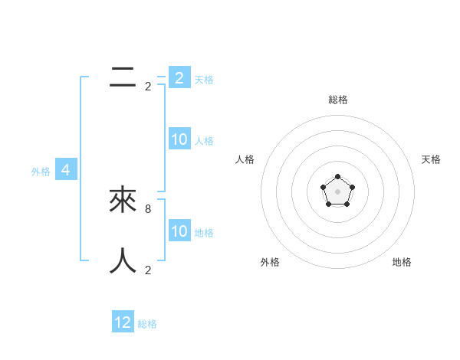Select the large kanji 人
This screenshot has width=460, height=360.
(x=123, y=260)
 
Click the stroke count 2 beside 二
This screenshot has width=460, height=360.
(x=148, y=87)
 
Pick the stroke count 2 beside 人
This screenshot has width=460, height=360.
(x=148, y=270)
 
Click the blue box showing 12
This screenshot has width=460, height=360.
(x=123, y=322)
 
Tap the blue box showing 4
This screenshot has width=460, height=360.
(x=66, y=170)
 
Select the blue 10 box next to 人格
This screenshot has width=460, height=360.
(x=179, y=139)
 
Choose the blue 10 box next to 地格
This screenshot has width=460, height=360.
(x=179, y=231)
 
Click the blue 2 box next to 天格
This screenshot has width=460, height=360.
(x=179, y=77)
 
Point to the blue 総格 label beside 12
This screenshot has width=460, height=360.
(x=147, y=324)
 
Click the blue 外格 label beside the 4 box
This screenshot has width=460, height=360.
(x=41, y=172)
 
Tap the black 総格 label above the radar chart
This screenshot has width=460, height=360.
(x=338, y=100)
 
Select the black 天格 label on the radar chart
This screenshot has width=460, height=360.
(x=432, y=159)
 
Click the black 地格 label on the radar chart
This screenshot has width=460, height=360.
(x=402, y=262)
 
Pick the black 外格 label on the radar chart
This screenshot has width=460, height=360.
(x=270, y=262)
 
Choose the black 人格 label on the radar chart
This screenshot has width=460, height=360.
(x=245, y=159)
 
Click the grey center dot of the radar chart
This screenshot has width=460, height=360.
(x=337, y=191)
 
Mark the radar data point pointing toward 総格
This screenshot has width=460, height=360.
(x=337, y=177)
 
